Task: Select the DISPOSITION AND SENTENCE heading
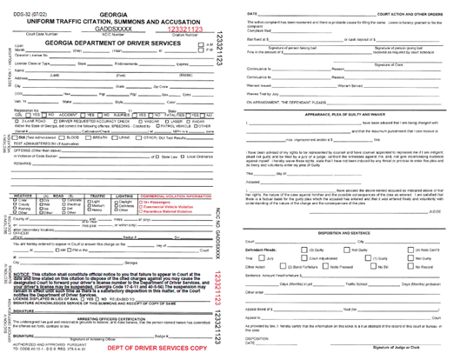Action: (x=348, y=233)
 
